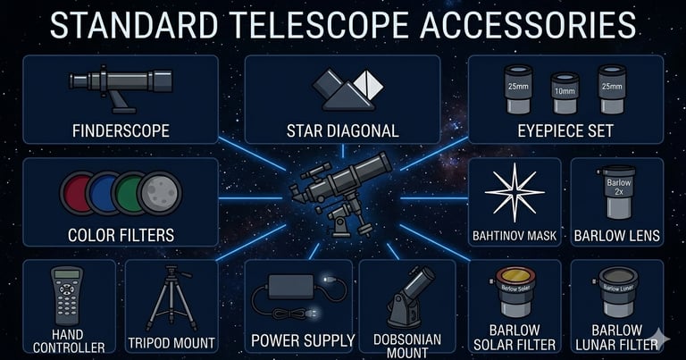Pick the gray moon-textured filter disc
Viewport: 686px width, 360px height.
(x=162, y=193)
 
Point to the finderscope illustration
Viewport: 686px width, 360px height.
(x=121, y=84)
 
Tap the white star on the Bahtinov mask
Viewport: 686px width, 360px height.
(x=514, y=193)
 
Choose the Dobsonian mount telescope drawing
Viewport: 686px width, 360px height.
(x=406, y=297)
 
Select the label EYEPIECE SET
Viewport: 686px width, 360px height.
(x=565, y=131)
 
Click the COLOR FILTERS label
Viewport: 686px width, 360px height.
(x=121, y=236)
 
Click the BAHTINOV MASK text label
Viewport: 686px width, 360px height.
(x=514, y=237)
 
